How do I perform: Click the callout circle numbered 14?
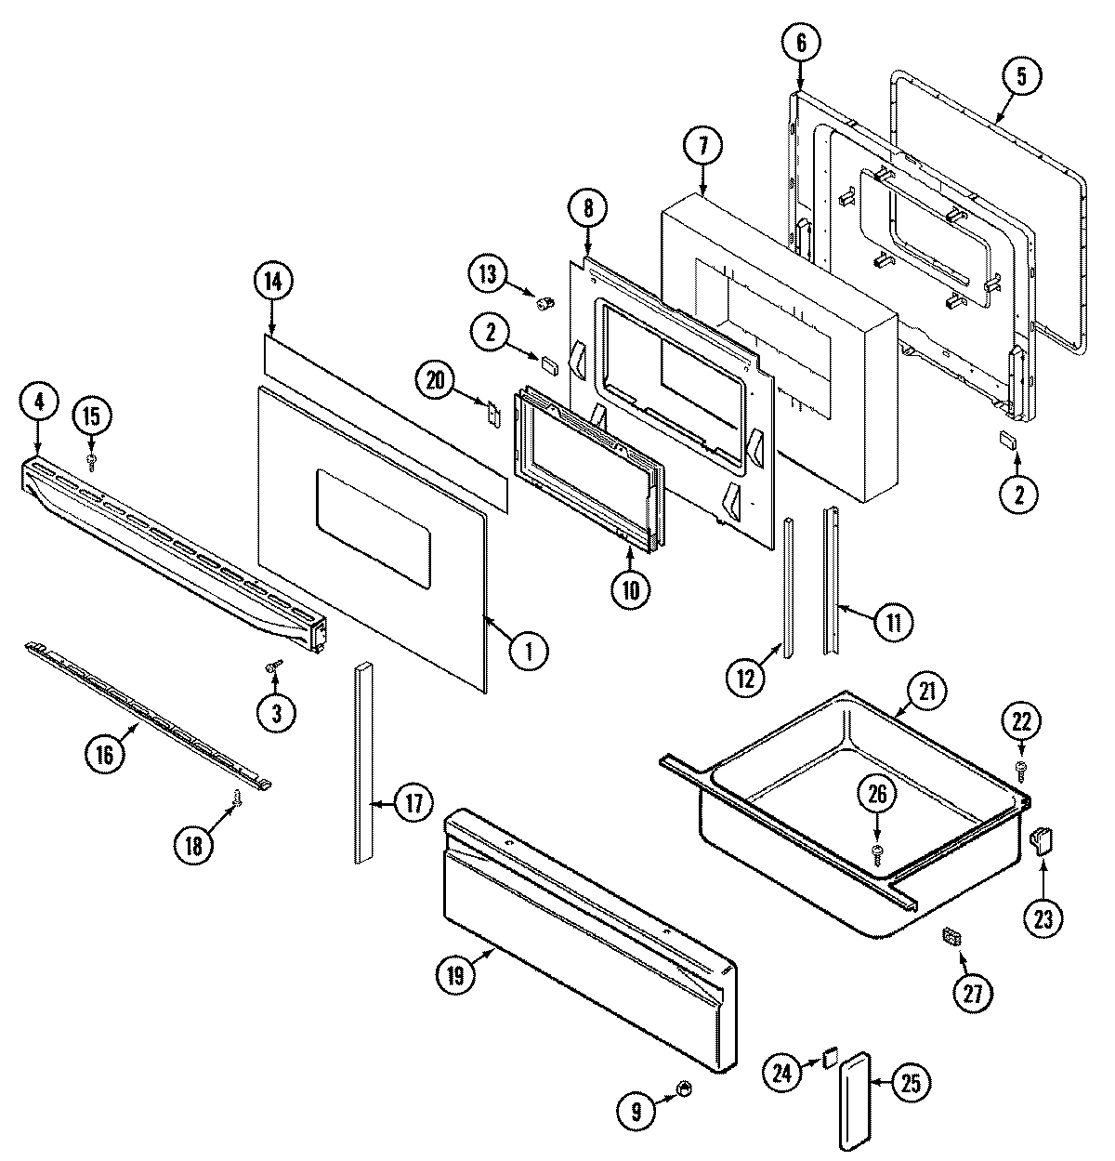[x=272, y=283]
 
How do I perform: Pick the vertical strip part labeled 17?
[x=362, y=762]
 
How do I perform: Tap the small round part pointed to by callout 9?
[x=684, y=1088]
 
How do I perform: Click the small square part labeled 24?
[x=830, y=1058]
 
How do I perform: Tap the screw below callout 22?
[x=1020, y=767]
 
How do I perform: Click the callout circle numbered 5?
[x=1020, y=77]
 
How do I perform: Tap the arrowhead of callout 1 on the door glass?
[x=486, y=615]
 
